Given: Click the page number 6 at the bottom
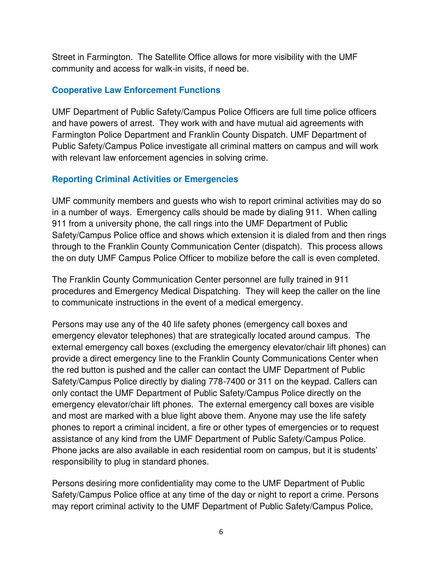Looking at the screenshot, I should click(221, 532).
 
